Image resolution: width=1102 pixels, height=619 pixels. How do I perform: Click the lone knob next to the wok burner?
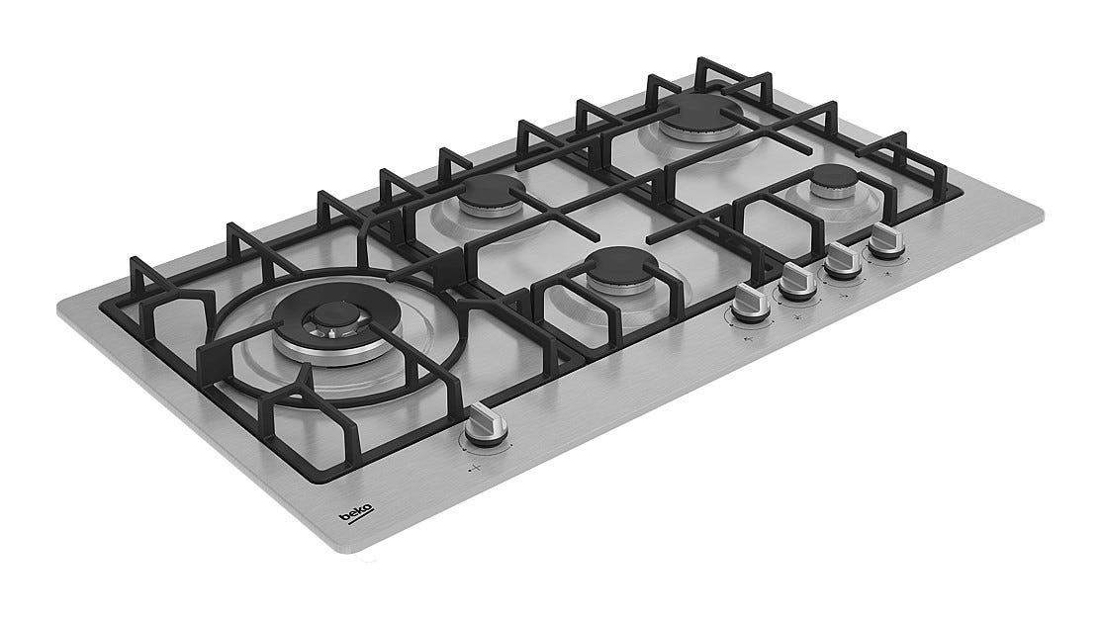(x=485, y=426)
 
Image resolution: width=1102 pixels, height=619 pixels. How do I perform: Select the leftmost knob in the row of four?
(x=750, y=302)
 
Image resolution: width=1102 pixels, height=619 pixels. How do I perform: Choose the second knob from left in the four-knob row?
(x=797, y=280)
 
